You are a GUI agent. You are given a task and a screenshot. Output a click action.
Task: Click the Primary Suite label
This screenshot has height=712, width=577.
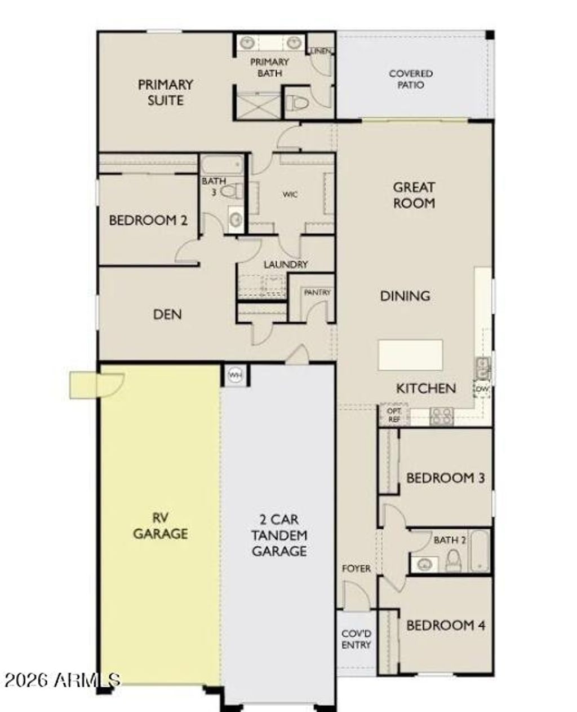point(165,93)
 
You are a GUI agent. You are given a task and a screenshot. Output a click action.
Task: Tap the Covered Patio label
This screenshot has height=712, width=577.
point(411,79)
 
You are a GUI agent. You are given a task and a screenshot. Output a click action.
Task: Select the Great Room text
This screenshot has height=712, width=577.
point(414,195)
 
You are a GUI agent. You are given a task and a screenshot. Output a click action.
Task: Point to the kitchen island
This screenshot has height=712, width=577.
point(410,355)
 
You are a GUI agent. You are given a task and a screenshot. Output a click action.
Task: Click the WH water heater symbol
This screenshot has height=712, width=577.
point(235,375)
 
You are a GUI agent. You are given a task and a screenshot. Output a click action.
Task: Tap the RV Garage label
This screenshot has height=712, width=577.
point(161,525)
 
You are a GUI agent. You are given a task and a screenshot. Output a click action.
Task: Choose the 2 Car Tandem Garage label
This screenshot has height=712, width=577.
point(279,535)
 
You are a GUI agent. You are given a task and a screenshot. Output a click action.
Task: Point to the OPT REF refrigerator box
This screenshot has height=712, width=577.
point(394,415)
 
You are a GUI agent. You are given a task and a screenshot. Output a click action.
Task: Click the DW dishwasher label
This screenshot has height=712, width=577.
point(482,389)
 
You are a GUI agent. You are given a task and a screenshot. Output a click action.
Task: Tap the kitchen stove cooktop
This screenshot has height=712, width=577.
point(441,416)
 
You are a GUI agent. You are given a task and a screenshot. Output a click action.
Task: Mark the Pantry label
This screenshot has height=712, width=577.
point(317,292)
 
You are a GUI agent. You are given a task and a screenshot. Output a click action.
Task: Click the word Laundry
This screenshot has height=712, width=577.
point(286,264)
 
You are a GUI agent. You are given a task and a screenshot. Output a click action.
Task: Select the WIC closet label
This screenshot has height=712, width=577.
point(290,194)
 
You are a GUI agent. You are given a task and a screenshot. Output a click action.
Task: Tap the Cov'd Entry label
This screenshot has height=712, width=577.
point(356,639)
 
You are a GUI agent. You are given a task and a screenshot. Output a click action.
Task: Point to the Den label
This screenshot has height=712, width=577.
point(167,314)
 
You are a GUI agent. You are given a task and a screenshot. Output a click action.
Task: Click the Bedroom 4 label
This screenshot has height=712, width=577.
point(445,625)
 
